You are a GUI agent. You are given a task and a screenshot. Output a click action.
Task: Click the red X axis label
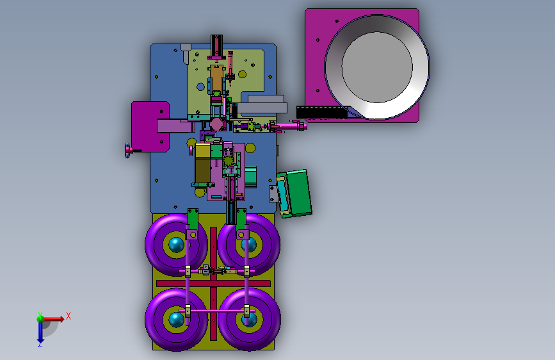pyautogui.click(x=68, y=316)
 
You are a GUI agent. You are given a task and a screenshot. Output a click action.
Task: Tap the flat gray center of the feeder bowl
pyautogui.click(x=377, y=67)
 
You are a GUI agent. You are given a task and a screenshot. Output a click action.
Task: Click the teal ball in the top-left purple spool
pyautogui.click(x=176, y=245)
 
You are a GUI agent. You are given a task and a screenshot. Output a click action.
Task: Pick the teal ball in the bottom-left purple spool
pyautogui.click(x=176, y=320)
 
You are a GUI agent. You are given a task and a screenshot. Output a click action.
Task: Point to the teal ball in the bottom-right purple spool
pyautogui.click(x=250, y=320)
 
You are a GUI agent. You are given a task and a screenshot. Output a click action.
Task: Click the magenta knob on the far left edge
pyautogui.click(x=128, y=151)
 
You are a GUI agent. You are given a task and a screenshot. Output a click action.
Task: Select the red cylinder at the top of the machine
pyautogui.click(x=216, y=45)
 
